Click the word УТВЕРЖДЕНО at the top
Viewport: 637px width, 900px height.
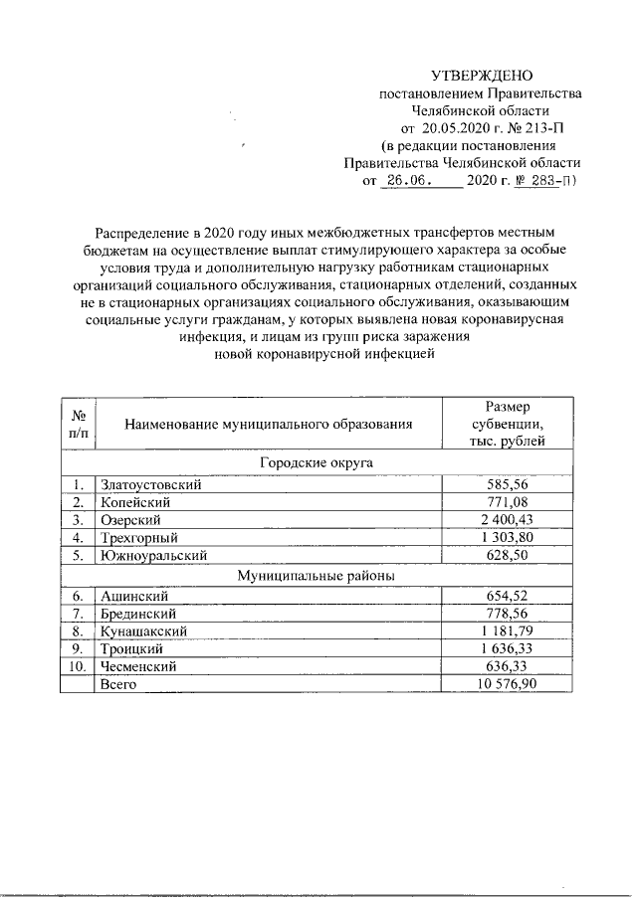pyautogui.click(x=482, y=77)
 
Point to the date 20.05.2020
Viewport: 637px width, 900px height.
pyautogui.click(x=454, y=128)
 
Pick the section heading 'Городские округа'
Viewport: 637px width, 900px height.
pyautogui.click(x=317, y=462)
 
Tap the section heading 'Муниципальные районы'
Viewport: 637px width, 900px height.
pyautogui.click(x=317, y=575)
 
